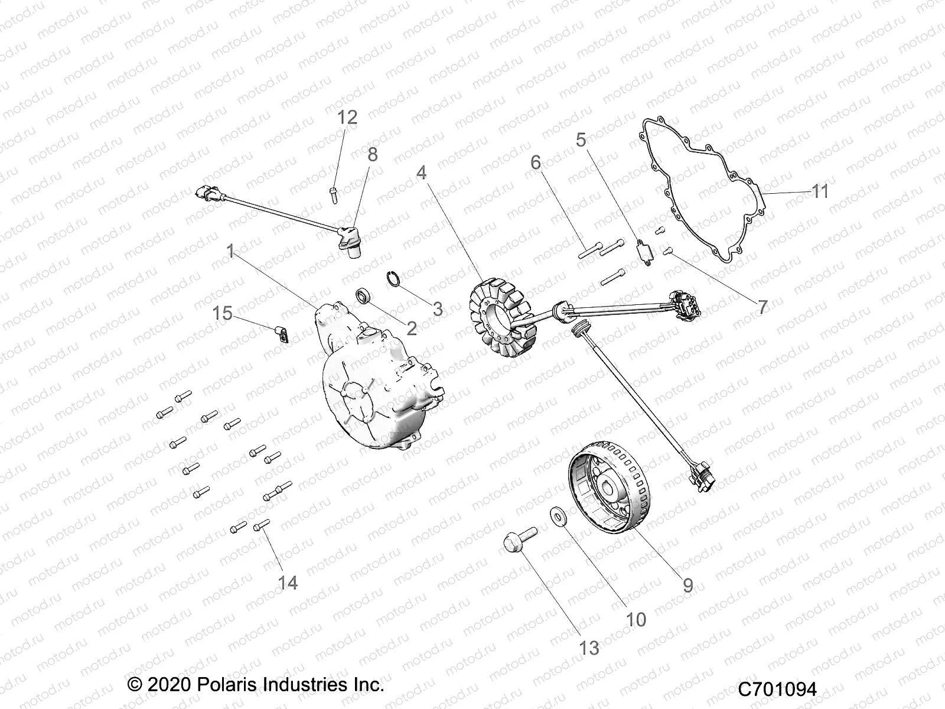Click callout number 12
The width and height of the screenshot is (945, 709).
pos(347,118)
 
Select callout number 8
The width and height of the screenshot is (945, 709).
pos(372,155)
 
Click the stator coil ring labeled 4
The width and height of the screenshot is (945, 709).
pos(500,317)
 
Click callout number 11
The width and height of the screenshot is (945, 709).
pos(820,191)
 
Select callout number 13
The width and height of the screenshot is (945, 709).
pos(589,648)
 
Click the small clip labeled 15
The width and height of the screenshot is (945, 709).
pos(282,334)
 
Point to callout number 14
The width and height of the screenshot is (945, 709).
pos(288,583)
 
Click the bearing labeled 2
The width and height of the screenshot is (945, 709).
pos(363,295)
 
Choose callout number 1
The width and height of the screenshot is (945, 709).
pos(230,252)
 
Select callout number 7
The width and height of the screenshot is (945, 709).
pos(762,307)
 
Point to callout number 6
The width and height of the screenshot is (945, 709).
pos(536,162)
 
